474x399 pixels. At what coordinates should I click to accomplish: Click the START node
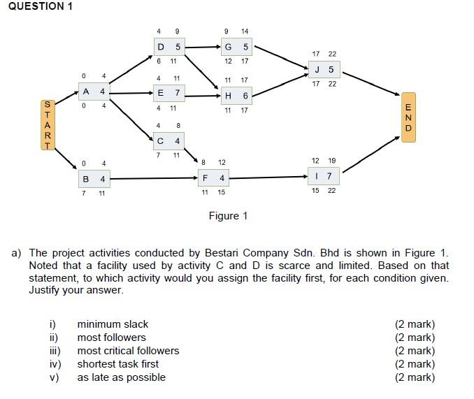pos(47,125)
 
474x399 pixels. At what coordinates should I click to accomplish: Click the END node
pos(408,117)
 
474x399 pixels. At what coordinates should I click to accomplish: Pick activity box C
pos(169,141)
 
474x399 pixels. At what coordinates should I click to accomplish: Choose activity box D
pos(169,48)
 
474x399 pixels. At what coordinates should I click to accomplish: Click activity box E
pos(169,92)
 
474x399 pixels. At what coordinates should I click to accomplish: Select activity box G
pos(236,48)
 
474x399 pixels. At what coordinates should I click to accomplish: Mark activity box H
pos(236,96)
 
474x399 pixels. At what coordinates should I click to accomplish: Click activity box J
pos(324,69)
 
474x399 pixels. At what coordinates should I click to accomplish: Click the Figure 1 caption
pos(228,216)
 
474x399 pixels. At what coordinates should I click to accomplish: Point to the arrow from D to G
pos(203,48)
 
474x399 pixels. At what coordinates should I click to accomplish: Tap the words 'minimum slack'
pos(113,324)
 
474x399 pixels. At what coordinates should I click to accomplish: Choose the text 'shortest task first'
pos(117,364)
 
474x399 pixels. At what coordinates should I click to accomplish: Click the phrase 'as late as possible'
pos(121,377)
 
